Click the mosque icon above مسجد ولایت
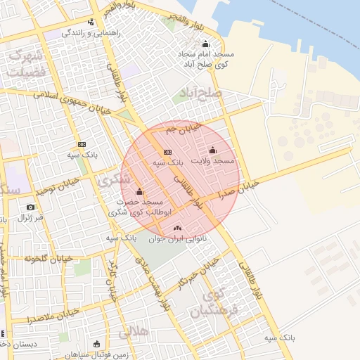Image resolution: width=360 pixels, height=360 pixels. (x=213, y=150)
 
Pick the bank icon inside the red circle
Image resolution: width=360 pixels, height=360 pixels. (x=167, y=152)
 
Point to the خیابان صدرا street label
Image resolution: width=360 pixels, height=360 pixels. (x=238, y=188)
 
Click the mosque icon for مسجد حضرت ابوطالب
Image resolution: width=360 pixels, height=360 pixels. (x=139, y=191)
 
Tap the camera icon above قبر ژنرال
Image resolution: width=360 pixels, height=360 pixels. (x=30, y=207)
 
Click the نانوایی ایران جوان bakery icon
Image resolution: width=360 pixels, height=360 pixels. (x=176, y=227)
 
